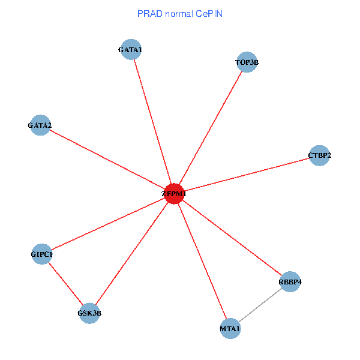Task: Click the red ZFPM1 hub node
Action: tap(174, 194)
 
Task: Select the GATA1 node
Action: tap(131, 50)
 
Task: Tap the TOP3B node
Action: tap(247, 62)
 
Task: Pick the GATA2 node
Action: tap(40, 125)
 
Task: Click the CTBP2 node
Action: tap(319, 155)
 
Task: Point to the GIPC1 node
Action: tap(41, 254)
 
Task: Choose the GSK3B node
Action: tap(89, 313)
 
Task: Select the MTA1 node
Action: tap(230, 328)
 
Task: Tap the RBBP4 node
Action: tap(290, 282)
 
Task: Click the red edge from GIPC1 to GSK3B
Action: tap(65, 283)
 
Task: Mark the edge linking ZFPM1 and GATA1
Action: tap(152, 122)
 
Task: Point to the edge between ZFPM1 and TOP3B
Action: tap(211, 128)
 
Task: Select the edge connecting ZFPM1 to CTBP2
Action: tap(247, 175)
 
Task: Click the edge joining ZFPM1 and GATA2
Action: tap(107, 160)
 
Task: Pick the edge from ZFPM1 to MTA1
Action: tap(202, 261)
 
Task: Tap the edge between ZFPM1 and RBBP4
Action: tap(232, 238)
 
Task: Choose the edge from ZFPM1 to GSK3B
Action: tap(132, 253)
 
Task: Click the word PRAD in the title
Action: tap(149, 13)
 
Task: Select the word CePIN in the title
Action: tap(208, 13)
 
